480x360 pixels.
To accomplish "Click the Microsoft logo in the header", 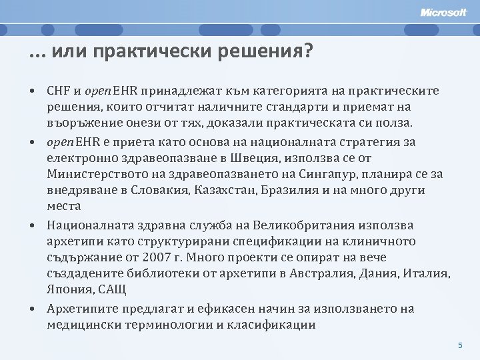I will click(444, 12).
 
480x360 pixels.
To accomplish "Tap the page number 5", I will click(460, 345).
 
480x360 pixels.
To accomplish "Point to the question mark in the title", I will click(307, 51).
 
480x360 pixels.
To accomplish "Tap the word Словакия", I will click(163, 191).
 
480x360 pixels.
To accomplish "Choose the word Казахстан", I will click(225, 191).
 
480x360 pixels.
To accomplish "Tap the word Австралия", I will click(327, 273).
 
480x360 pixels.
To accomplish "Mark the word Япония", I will click(69, 289).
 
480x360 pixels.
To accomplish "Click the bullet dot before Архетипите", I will click(32, 309).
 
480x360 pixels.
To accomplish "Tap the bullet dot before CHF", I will click(32, 91).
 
